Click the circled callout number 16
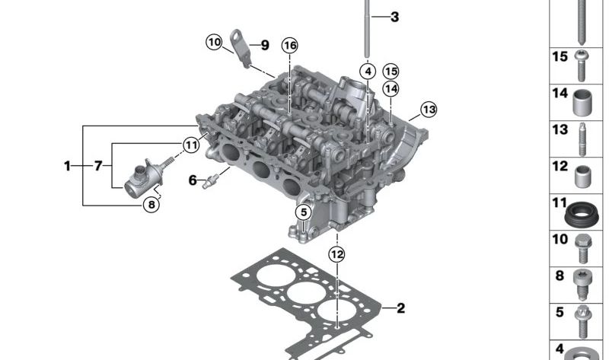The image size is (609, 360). pyautogui.click(x=290, y=46)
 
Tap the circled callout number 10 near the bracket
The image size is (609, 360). pyautogui.click(x=214, y=42)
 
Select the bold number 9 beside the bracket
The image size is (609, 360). pyautogui.click(x=265, y=45)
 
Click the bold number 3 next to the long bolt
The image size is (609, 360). pyautogui.click(x=394, y=17)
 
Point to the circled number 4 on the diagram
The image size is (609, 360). pyautogui.click(x=368, y=72)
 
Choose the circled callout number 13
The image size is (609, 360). pyautogui.click(x=429, y=110)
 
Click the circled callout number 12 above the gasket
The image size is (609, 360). pyautogui.click(x=336, y=255)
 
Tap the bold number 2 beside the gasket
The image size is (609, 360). pyautogui.click(x=401, y=308)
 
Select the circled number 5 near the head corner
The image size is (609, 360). pyautogui.click(x=303, y=212)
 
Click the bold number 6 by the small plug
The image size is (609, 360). pyautogui.click(x=193, y=180)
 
